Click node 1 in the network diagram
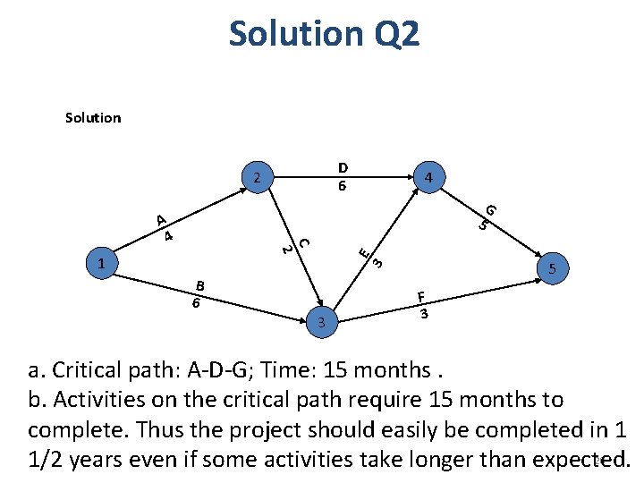[x=103, y=264]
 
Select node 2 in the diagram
[x=257, y=176]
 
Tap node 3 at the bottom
[x=321, y=320]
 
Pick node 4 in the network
[x=429, y=178]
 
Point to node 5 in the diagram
[x=552, y=267]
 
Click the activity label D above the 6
[x=342, y=167]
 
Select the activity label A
[x=159, y=220]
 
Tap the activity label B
[x=200, y=285]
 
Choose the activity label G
[x=491, y=210]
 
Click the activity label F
[x=421, y=297]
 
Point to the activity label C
[x=303, y=241]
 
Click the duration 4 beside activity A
[x=167, y=236]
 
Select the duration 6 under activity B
[x=195, y=302]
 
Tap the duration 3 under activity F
[x=426, y=314]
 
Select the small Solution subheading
[x=93, y=117]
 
